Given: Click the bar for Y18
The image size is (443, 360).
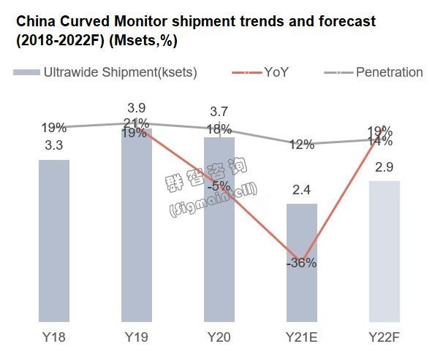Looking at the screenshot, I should click(54, 241).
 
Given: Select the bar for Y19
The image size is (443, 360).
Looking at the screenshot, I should click(137, 226).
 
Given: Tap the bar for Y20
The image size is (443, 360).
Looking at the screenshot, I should click(219, 230).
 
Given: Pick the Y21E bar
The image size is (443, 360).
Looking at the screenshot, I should click(302, 263).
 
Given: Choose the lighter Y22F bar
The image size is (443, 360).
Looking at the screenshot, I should click(385, 252).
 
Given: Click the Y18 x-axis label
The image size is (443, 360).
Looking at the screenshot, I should click(54, 339).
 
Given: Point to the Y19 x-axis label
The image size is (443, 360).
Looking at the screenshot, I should click(137, 339).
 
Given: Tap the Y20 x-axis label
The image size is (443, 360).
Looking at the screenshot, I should click(219, 339).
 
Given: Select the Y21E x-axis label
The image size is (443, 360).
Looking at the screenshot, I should click(302, 339).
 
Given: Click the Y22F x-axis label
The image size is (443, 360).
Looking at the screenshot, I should click(385, 339).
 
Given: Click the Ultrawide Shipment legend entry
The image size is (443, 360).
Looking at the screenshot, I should click(106, 72).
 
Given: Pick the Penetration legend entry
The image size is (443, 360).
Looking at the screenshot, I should click(373, 72).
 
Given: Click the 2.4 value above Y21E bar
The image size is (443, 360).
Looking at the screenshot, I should click(302, 191).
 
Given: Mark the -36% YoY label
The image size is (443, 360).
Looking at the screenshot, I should click(302, 263).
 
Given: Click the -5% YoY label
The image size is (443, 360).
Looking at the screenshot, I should click(219, 185).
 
